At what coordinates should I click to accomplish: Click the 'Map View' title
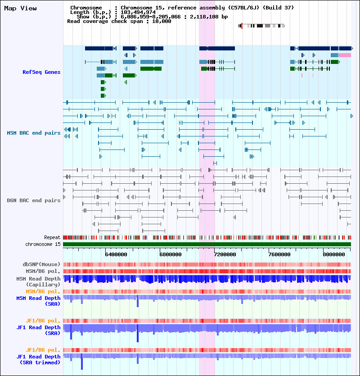(20, 9)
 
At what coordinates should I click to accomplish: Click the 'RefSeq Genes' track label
(41, 72)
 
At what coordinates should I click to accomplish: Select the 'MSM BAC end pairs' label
(34, 133)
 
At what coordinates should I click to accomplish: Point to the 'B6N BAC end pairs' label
(34, 200)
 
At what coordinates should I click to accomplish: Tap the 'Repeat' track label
(52, 237)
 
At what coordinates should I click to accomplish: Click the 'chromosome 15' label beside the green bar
(43, 244)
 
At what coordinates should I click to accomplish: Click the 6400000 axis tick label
(116, 254)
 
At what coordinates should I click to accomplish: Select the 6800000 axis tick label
(171, 254)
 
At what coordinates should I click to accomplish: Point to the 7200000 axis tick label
(225, 254)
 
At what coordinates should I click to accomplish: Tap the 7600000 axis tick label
(279, 254)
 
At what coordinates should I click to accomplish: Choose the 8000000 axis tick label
(333, 254)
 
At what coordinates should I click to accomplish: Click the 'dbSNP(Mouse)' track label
(41, 264)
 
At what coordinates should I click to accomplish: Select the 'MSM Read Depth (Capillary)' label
(38, 281)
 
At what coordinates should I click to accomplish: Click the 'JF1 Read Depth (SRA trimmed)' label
(38, 359)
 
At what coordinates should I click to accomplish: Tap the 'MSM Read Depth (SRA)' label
(38, 301)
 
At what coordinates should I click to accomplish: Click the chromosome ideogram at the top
(261, 26)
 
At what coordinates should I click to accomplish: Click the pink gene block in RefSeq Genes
(345, 55)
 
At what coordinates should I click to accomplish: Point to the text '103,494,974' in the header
(138, 12)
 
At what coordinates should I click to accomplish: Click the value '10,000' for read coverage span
(162, 21)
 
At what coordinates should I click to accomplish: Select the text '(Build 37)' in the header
(278, 8)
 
